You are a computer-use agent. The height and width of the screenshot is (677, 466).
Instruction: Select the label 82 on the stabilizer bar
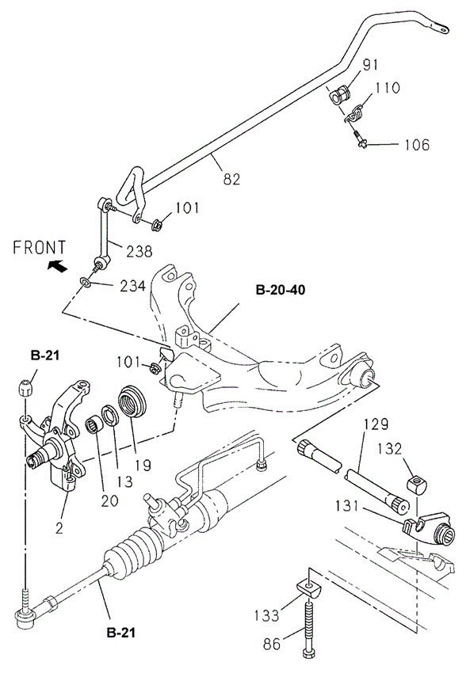point(231,179)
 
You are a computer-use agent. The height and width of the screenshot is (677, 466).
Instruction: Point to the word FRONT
point(40,247)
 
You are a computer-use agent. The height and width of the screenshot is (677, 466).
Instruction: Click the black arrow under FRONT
point(57,266)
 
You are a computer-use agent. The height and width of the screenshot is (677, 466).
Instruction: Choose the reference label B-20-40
point(280,290)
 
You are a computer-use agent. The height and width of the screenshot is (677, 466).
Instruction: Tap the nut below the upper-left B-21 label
point(26,388)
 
